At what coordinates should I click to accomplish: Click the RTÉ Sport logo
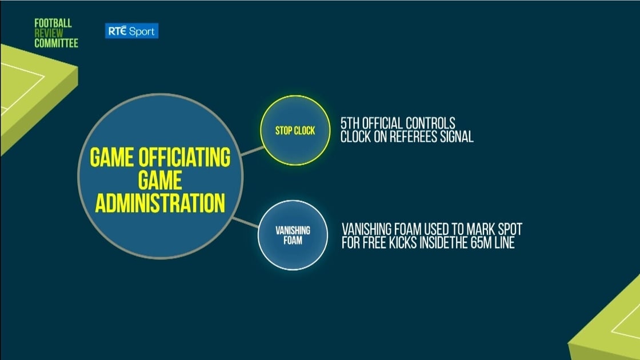(x=131, y=31)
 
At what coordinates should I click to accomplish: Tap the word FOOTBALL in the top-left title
(x=53, y=23)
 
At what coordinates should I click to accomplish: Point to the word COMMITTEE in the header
(x=57, y=43)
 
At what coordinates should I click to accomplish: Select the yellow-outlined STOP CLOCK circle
(x=295, y=131)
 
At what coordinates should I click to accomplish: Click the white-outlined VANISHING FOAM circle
(x=293, y=235)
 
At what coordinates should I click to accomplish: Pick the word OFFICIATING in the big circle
(x=185, y=158)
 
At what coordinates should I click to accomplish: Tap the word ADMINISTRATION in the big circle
(x=160, y=203)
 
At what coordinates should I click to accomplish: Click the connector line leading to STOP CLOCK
(x=252, y=151)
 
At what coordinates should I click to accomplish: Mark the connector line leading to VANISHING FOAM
(x=245, y=222)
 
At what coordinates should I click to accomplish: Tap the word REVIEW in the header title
(x=49, y=34)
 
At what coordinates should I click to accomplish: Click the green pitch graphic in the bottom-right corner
(x=608, y=322)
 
